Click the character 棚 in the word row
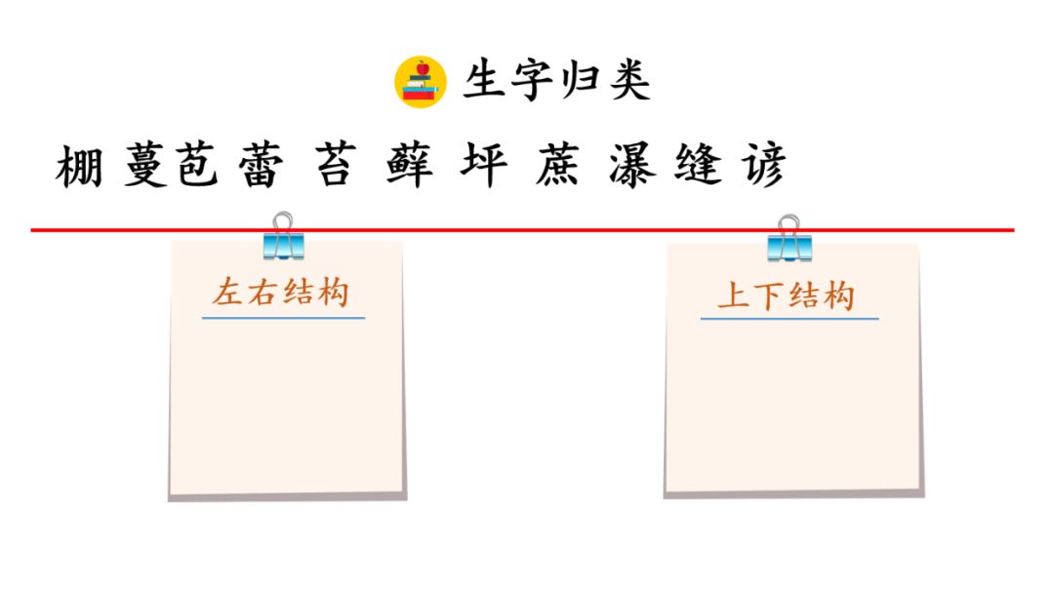point(80,168)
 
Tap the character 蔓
point(146,168)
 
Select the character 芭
point(198,168)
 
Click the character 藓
point(409,168)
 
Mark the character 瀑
point(632,168)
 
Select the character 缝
point(699,168)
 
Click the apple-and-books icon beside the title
point(421,81)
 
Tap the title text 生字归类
point(556,81)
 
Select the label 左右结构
point(281,293)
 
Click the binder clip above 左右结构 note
point(283,236)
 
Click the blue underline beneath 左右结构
point(283,317)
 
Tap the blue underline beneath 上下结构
point(789,319)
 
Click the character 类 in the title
point(629,81)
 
